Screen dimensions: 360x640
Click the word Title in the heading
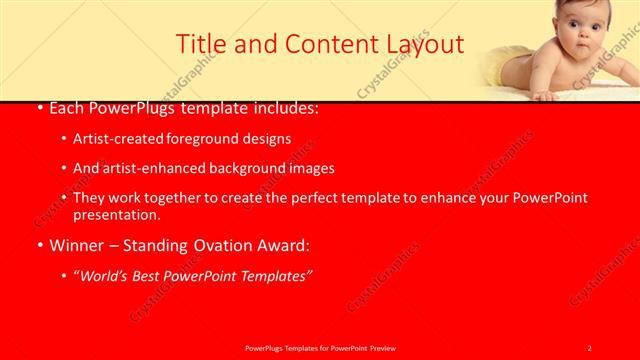200,44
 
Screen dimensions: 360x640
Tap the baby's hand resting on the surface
545,96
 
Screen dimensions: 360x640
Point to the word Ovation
220,243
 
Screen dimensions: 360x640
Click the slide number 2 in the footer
590,348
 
